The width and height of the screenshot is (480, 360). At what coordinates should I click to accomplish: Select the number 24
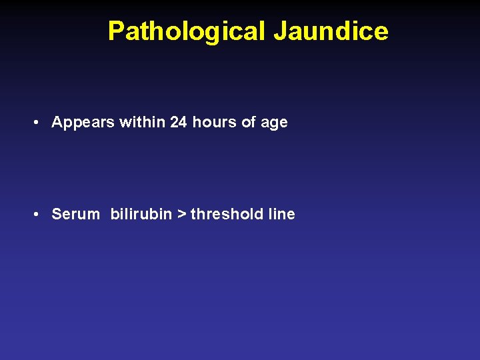179,122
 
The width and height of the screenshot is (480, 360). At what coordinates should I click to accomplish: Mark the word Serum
75,214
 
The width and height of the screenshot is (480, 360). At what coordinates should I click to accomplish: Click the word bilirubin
141,214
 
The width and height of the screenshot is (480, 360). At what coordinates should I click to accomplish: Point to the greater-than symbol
181,215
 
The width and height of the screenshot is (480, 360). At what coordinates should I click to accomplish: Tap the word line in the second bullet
281,214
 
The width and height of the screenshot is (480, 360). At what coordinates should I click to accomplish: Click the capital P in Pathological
116,31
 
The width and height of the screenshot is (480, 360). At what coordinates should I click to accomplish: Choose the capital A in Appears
57,122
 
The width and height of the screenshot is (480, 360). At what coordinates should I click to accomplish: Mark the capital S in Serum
57,214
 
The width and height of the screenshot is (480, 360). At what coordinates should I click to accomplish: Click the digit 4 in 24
183,122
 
